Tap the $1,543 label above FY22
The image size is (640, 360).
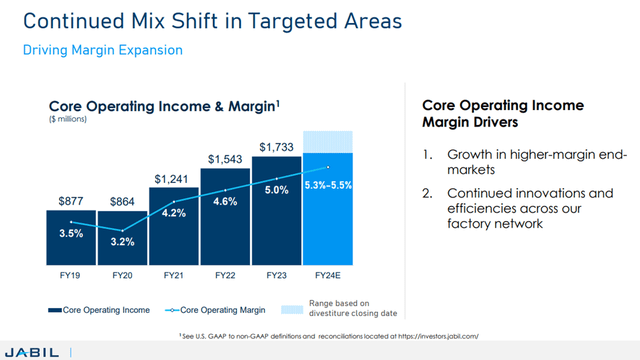[x=224, y=159]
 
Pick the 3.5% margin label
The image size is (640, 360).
[x=71, y=233]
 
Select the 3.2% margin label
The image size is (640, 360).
[x=122, y=241]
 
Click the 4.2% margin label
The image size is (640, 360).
[x=174, y=212]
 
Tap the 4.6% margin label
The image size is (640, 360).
[x=225, y=201]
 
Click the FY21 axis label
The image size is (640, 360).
[x=173, y=275]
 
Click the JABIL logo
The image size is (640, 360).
[x=31, y=350]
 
